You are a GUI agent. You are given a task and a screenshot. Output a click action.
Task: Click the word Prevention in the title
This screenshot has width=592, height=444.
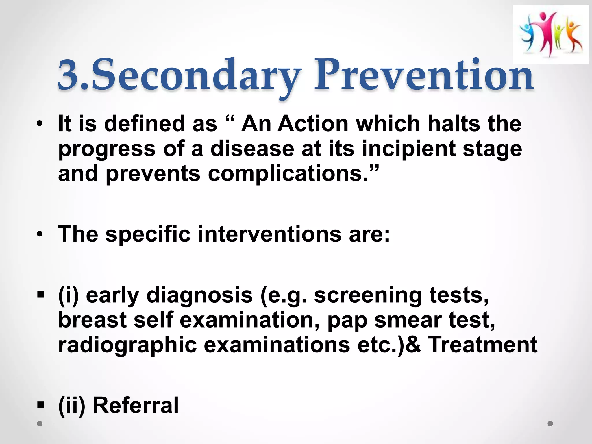point(423,76)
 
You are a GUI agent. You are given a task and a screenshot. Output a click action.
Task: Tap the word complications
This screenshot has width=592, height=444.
point(285,174)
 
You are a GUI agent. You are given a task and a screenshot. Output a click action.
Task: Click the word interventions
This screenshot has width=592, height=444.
point(269,234)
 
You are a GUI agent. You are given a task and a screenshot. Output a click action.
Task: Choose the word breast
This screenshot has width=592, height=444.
point(92,320)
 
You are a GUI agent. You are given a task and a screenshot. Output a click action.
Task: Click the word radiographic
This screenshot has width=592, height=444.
point(127,345)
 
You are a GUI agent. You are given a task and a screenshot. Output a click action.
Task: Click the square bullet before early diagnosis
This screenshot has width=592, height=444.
point(41,295)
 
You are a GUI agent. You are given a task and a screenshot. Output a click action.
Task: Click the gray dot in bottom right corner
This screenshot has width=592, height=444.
point(550,423)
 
